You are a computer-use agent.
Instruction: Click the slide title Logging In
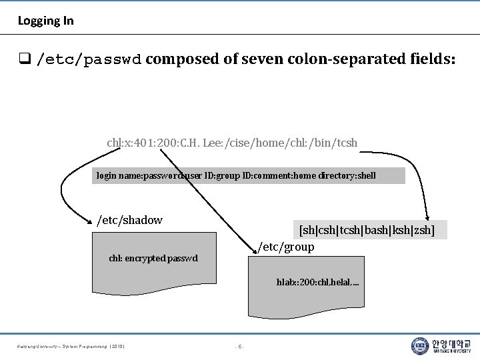[45, 21]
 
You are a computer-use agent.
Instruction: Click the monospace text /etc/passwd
[89, 59]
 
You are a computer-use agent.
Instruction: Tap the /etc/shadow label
[130, 219]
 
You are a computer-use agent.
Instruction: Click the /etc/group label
[286, 247]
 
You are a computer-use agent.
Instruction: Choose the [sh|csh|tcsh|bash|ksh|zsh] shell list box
[367, 230]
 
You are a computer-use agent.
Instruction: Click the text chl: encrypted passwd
[153, 258]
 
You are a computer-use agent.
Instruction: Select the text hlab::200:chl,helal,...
[317, 283]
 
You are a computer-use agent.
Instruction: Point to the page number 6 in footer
[240, 346]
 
